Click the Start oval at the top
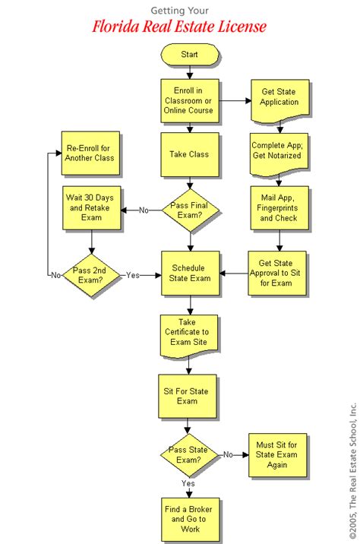click(189, 55)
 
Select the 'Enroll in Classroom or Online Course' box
click(189, 100)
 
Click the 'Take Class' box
click(189, 154)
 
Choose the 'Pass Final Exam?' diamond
click(189, 210)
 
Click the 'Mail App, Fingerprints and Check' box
click(279, 207)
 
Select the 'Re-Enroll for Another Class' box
click(90, 153)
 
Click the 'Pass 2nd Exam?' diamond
click(90, 274)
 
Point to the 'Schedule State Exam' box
click(189, 273)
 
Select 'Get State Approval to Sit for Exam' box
click(279, 273)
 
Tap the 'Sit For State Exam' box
click(189, 396)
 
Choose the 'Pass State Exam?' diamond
click(189, 456)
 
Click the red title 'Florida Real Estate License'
click(179, 28)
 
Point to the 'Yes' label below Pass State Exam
click(188, 483)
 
